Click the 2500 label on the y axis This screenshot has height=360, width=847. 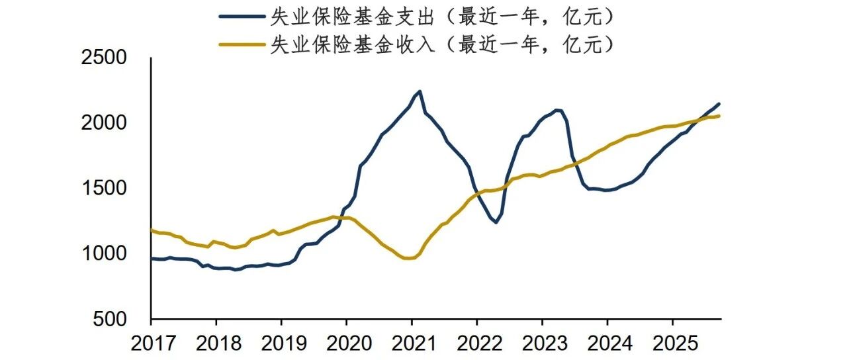pyautogui.click(x=104, y=58)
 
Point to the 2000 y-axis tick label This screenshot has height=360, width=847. pyautogui.click(x=104, y=122)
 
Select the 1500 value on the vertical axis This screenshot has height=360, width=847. pyautogui.click(x=104, y=188)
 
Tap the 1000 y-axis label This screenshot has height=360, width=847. pyautogui.click(x=104, y=253)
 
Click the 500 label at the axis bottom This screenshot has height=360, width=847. pyautogui.click(x=110, y=319)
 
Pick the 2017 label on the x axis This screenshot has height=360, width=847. pyautogui.click(x=153, y=343)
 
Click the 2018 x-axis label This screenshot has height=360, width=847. pyautogui.click(x=218, y=343)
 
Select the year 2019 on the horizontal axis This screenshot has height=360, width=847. pyautogui.click(x=284, y=343)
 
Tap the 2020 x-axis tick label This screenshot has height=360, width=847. pyautogui.click(x=349, y=343)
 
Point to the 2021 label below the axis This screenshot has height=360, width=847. pyautogui.click(x=414, y=343)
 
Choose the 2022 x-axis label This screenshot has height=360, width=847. pyautogui.click(x=480, y=343)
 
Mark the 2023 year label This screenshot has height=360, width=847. pyautogui.click(x=545, y=343)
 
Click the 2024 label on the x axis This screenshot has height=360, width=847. pyautogui.click(x=609, y=343)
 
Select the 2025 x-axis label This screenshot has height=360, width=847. pyautogui.click(x=675, y=343)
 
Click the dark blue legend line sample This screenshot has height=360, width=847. pyautogui.click(x=242, y=17)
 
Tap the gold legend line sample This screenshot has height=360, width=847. pyautogui.click(x=242, y=44)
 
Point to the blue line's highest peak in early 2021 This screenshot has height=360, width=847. pyautogui.click(x=420, y=91)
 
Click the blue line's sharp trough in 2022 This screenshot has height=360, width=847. pyautogui.click(x=496, y=222)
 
